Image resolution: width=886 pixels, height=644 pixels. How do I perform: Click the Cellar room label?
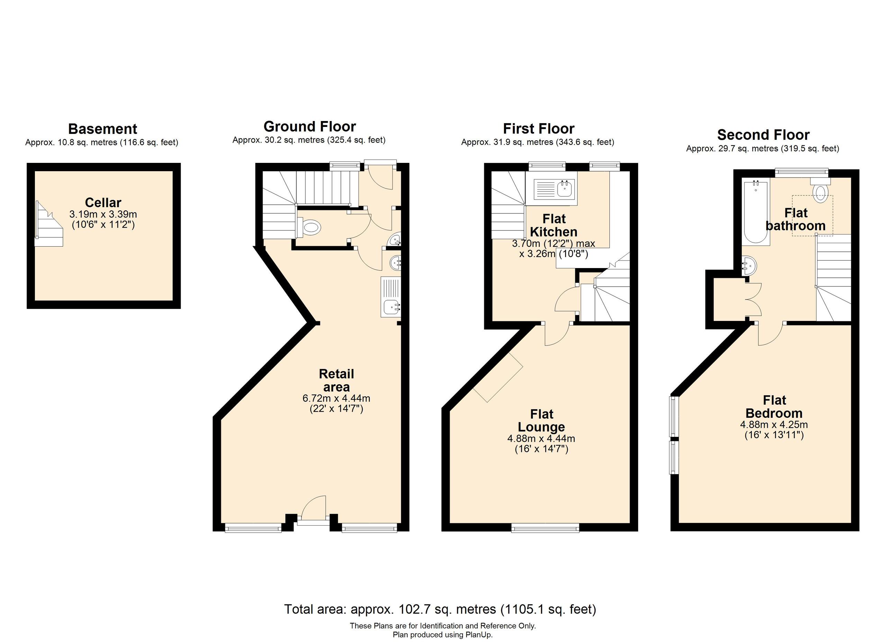click(x=103, y=203)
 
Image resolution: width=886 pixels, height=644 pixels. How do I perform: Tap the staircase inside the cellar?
click(x=49, y=225)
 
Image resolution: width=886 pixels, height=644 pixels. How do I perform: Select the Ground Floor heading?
click(x=309, y=127)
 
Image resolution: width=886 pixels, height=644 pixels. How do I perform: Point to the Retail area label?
click(x=336, y=380)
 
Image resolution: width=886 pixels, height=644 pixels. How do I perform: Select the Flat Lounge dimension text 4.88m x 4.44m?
click(x=541, y=439)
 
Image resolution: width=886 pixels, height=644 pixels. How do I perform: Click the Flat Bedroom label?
click(x=774, y=407)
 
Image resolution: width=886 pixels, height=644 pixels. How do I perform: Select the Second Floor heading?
click(x=763, y=135)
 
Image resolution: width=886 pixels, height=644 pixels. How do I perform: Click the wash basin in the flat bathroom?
click(x=749, y=266)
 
